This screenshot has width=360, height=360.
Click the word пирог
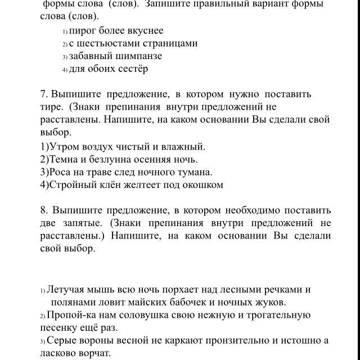click(83, 30)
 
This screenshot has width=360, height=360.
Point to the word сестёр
click(133, 69)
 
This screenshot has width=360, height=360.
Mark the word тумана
click(194, 172)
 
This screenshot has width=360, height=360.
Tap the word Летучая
click(65, 290)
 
